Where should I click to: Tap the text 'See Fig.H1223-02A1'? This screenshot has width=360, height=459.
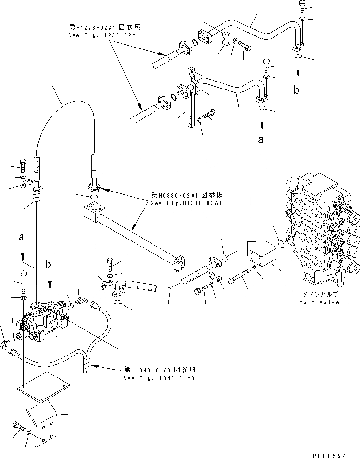tap(103, 35)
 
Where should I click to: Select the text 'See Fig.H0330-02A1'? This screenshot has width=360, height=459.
tap(187, 203)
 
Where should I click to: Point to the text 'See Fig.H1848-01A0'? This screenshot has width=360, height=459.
tap(159, 378)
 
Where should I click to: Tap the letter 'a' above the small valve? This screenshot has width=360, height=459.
tap(21, 237)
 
